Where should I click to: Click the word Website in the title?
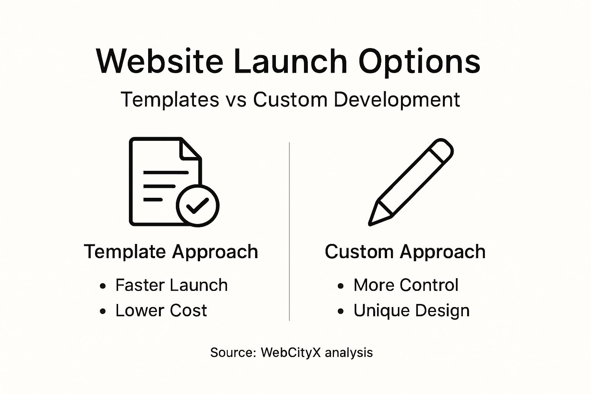[159, 62]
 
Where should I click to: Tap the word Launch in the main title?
[290, 62]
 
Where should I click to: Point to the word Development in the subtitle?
[397, 100]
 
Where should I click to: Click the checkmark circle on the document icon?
[197, 205]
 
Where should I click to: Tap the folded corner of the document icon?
[190, 150]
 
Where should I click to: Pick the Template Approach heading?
[171, 252]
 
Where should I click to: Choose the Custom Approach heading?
[405, 252]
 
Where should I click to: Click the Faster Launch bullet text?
[172, 285]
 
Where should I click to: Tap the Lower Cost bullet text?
[161, 311]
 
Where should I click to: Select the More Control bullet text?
[406, 285]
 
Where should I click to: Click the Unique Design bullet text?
[411, 311]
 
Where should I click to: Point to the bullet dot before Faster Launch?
[102, 286]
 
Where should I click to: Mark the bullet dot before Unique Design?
[341, 311]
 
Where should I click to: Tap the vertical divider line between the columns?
[289, 231]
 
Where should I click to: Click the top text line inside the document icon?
[166, 172]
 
